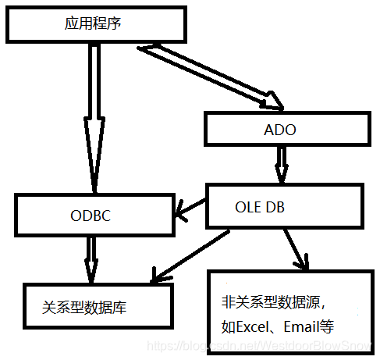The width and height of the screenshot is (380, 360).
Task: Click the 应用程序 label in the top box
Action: click(x=92, y=24)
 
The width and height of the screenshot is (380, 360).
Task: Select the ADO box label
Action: click(x=275, y=130)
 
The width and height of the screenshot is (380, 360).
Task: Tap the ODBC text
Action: click(x=91, y=216)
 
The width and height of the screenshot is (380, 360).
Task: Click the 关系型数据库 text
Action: click(x=84, y=308)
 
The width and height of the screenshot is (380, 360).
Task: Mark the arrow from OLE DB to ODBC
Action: click(x=190, y=206)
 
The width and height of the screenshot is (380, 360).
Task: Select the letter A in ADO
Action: click(x=261, y=130)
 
